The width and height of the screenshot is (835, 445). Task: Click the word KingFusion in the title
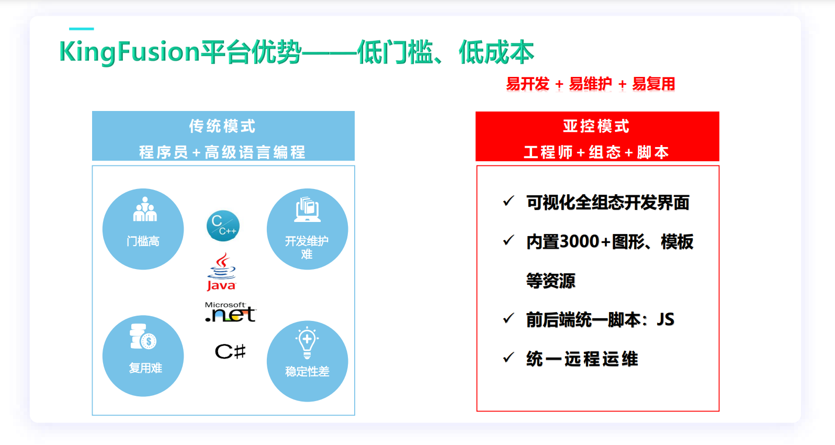click(x=129, y=52)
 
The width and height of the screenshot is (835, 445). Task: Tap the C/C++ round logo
click(x=223, y=226)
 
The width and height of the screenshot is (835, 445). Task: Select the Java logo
click(x=221, y=272)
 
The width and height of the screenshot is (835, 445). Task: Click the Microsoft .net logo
click(x=230, y=312)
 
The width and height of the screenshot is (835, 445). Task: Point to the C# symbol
click(x=230, y=351)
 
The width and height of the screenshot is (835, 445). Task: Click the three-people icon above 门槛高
click(x=145, y=209)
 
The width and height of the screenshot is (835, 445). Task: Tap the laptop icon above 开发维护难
click(x=307, y=209)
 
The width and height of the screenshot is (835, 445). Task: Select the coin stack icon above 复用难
click(x=143, y=337)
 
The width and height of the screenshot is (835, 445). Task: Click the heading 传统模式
click(x=222, y=126)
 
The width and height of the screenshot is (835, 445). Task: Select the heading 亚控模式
click(x=596, y=126)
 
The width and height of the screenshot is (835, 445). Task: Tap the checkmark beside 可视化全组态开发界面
click(x=509, y=201)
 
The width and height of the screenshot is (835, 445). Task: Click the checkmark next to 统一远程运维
click(x=509, y=358)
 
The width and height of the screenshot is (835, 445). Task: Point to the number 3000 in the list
click(x=579, y=241)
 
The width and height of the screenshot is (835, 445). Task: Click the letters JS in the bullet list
click(x=665, y=319)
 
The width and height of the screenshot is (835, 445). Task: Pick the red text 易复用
click(x=654, y=84)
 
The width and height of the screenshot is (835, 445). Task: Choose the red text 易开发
click(x=527, y=84)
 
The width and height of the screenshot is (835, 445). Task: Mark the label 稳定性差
click(x=307, y=372)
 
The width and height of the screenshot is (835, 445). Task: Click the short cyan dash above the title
click(x=81, y=29)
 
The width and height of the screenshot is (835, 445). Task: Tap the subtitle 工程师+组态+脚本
click(x=596, y=152)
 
